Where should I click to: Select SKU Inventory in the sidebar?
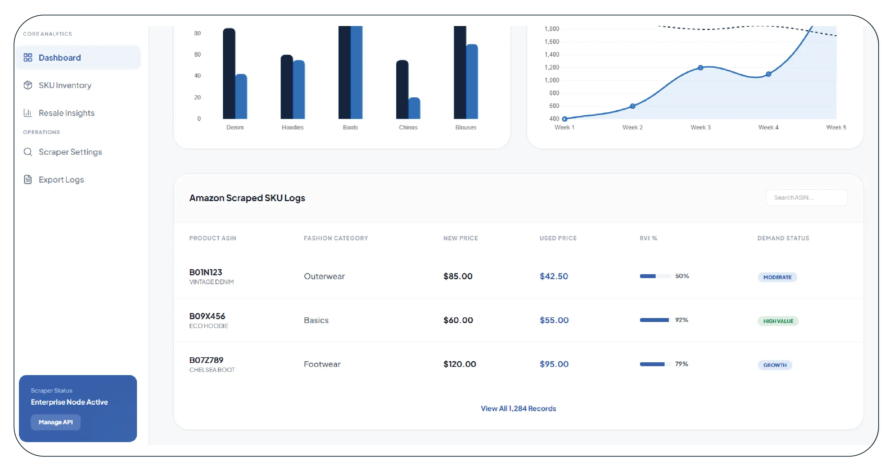(65, 86)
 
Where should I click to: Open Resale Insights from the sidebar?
(66, 113)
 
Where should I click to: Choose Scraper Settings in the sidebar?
(70, 152)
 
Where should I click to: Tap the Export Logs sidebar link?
(61, 180)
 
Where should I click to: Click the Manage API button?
(56, 422)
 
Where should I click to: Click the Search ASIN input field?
(806, 198)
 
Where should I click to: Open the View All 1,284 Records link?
(518, 409)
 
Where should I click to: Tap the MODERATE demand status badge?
(777, 277)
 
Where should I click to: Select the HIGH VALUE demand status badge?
(778, 321)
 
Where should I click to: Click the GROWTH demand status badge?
(775, 365)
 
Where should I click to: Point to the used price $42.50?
(554, 276)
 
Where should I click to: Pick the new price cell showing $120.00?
(459, 364)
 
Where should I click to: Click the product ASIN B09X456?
(207, 316)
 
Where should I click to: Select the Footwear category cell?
(322, 364)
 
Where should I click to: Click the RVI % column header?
(648, 238)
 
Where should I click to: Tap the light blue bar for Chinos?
(415, 108)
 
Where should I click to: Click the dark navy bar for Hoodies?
(286, 87)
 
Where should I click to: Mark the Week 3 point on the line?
(700, 68)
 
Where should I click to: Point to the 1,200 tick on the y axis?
(551, 67)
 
